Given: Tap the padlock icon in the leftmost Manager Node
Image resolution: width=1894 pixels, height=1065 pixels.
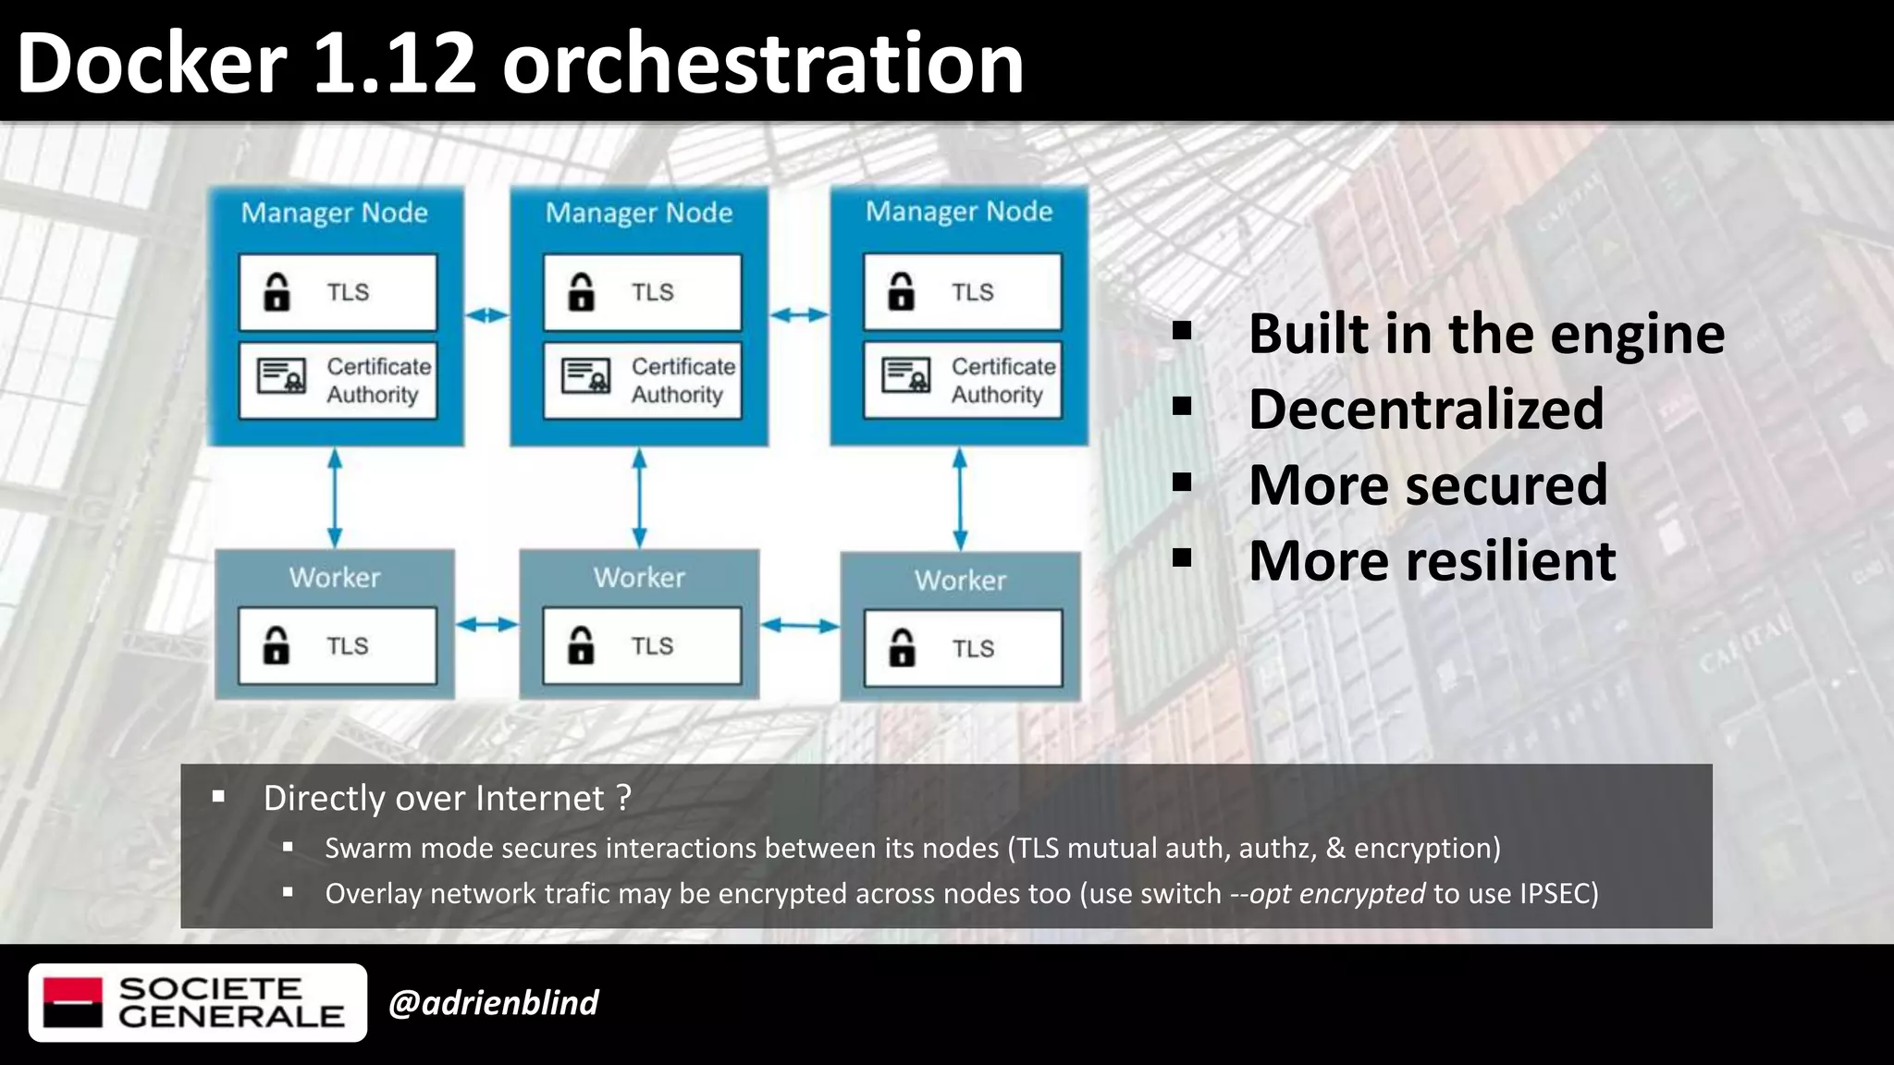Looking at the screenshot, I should (x=277, y=292).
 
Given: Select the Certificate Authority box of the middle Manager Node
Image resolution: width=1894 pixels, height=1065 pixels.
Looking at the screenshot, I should (x=642, y=380).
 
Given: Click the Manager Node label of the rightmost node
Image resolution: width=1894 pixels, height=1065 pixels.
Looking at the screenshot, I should (x=959, y=212).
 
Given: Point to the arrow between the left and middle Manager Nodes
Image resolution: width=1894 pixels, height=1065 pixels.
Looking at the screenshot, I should (x=486, y=315).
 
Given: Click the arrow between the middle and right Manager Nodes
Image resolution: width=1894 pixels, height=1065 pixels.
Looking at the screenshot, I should (x=799, y=315).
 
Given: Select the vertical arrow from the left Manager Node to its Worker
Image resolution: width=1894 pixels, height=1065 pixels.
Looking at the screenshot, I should (x=335, y=497).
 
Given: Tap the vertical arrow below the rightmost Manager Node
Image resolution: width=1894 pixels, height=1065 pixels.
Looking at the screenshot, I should (x=960, y=499).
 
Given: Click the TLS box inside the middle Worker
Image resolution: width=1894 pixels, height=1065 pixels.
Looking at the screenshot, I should (x=642, y=645).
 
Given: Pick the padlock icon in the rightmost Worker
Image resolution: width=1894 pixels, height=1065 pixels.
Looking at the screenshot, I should (x=902, y=648).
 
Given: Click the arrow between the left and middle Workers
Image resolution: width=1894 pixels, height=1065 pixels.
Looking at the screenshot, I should (x=486, y=625).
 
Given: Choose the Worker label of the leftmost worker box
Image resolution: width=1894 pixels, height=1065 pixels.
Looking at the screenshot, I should (x=335, y=578).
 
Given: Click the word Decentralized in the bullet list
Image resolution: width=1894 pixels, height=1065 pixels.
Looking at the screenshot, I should (x=1425, y=410).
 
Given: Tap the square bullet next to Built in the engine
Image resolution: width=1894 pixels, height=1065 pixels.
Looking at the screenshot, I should (x=1181, y=331).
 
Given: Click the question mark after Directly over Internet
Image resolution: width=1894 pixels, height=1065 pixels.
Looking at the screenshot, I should (x=623, y=798).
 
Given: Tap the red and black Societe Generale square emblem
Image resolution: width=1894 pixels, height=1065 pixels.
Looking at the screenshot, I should (x=73, y=1002).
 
